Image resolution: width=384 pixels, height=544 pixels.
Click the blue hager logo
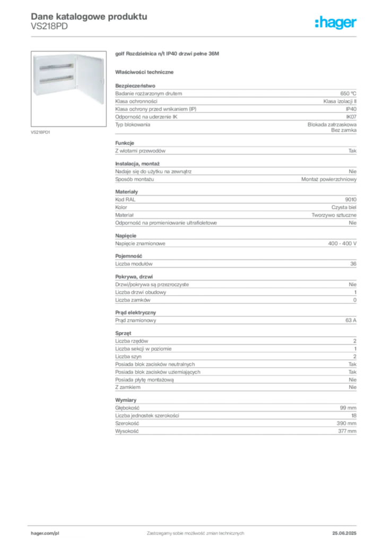(x=336, y=23)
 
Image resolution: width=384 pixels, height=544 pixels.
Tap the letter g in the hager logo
(x=338, y=24)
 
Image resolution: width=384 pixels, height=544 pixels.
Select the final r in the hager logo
(x=355, y=24)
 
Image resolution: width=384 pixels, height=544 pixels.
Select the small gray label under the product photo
(x=40, y=132)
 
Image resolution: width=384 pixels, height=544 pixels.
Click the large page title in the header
(x=88, y=16)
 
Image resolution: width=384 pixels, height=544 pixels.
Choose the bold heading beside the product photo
(x=168, y=54)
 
